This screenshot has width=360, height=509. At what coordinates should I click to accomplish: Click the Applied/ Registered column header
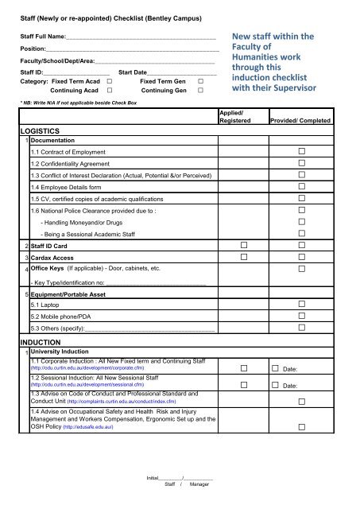(x=235, y=118)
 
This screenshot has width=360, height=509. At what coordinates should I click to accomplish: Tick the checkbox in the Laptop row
(x=302, y=305)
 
